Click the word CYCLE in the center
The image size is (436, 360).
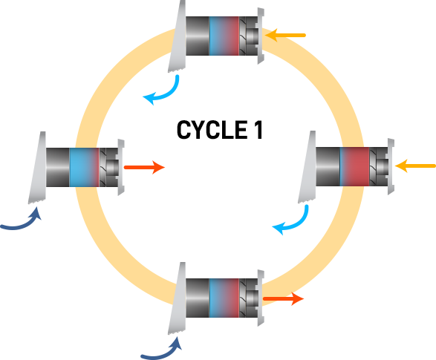click(212, 130)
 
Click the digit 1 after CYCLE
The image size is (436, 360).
click(258, 130)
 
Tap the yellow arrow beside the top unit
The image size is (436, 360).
click(285, 36)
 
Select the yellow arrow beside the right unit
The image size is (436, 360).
click(415, 166)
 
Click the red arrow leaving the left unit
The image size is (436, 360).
click(144, 167)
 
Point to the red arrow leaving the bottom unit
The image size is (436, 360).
click(283, 298)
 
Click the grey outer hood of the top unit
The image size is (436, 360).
click(177, 36)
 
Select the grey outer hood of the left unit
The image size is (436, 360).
click(37, 168)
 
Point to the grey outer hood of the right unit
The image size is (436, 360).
click(307, 167)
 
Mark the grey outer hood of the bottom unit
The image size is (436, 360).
click(177, 298)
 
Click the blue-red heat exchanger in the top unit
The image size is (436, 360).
click(224, 36)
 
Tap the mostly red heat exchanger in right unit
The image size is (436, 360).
click(354, 167)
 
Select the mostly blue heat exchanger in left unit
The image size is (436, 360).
click(84, 167)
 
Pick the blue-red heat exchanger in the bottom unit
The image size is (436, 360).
click(224, 298)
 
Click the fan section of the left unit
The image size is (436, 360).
click(108, 167)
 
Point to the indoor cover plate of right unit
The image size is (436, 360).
click(391, 166)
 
